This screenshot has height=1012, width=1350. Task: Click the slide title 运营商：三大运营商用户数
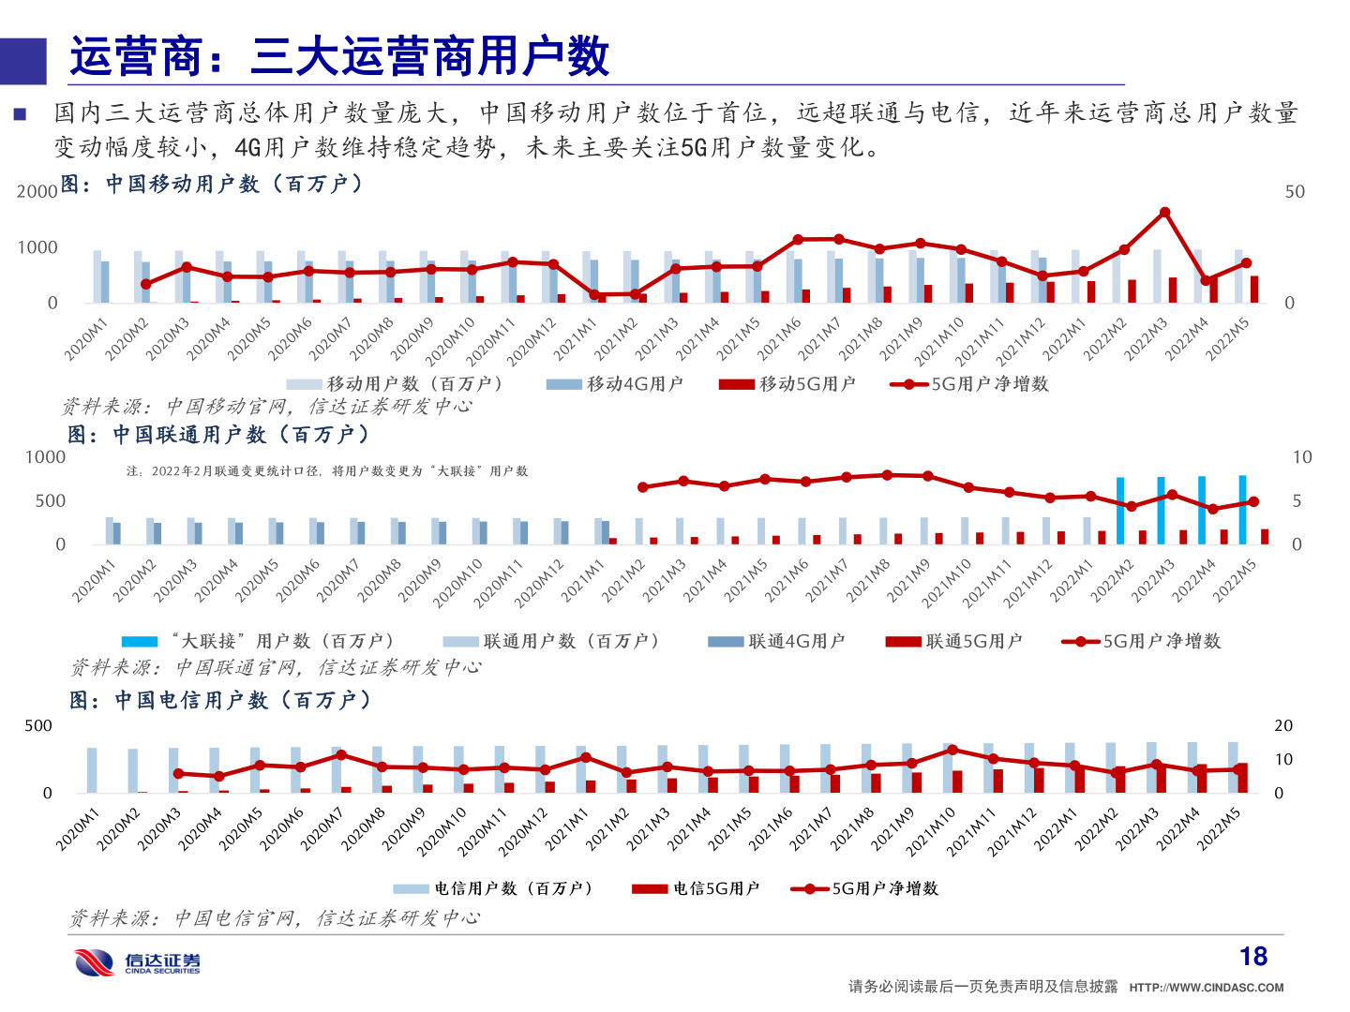tap(339, 57)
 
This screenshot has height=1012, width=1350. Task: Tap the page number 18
tap(1252, 957)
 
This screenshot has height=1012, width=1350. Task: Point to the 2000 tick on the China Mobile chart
tap(37, 192)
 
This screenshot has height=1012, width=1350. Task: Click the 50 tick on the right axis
tap(1295, 192)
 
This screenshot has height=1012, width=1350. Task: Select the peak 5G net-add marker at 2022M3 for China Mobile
tap(1164, 213)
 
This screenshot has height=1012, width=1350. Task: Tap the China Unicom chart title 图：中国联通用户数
tap(219, 435)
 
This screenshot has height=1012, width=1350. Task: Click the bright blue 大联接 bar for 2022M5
tap(1242, 510)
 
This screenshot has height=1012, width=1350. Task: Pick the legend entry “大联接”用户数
tap(258, 642)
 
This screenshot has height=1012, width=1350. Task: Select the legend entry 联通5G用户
tap(954, 642)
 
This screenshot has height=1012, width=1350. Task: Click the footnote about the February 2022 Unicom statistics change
tap(327, 471)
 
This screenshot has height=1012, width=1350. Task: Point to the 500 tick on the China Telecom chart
tap(38, 726)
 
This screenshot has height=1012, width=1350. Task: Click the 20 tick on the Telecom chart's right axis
tap(1283, 726)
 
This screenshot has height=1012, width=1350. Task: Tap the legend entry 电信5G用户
tap(696, 889)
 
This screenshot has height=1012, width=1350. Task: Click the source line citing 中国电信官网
tap(275, 918)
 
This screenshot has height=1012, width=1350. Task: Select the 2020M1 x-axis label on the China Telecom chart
tap(77, 830)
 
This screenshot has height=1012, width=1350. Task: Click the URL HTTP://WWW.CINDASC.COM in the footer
tap(1206, 988)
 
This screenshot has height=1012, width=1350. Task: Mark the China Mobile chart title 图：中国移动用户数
tap(212, 184)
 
